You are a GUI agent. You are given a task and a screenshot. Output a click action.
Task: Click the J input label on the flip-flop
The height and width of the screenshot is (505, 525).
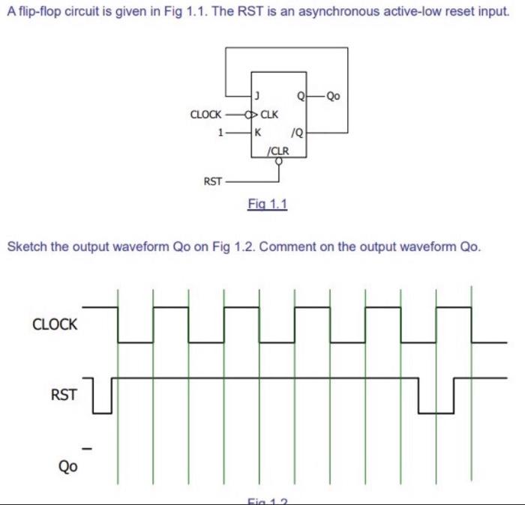point(257,96)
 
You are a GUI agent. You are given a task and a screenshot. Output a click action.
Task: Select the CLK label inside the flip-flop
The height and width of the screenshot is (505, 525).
point(269,115)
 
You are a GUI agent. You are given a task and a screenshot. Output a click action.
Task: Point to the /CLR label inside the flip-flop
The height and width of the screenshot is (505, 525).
point(277,149)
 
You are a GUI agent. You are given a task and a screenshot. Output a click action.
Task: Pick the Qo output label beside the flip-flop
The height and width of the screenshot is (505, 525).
point(334,96)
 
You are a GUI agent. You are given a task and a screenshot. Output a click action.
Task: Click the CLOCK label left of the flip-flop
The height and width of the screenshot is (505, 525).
point(206,115)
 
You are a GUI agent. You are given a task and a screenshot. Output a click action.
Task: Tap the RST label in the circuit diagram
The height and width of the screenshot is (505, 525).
point(213,181)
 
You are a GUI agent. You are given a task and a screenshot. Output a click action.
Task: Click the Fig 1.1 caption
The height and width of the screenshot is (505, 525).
point(268,204)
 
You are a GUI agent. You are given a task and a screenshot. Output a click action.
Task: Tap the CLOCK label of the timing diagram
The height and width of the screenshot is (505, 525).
point(55,324)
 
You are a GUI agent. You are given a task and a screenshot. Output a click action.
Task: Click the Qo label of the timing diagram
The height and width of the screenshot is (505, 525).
point(68,465)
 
